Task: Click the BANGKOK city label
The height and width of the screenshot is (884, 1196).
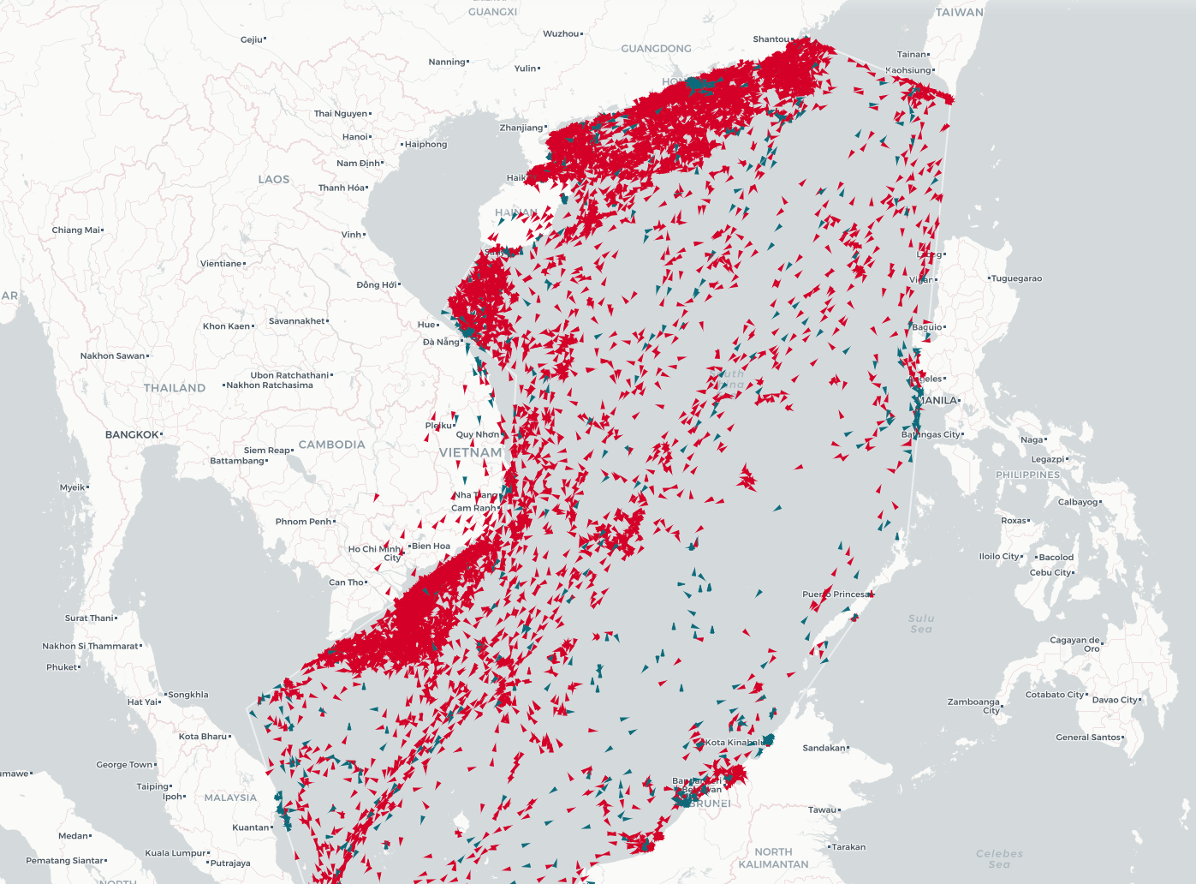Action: coord(132,434)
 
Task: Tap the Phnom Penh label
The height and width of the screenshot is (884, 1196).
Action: coord(303,522)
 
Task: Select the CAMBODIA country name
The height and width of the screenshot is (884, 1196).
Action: coord(331,445)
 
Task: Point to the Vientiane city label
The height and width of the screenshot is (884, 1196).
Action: coord(221,264)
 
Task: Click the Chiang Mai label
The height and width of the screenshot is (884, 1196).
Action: coord(76,230)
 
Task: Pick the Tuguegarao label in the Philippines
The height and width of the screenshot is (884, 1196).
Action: coord(1017,278)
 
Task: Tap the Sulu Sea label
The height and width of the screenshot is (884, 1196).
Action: coord(921,624)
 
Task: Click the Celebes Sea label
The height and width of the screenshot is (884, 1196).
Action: coord(999,858)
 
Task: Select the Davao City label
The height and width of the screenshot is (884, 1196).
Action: coord(1116,700)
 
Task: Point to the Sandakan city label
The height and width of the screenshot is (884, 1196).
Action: coord(824,748)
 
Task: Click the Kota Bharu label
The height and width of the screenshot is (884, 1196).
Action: coord(203,737)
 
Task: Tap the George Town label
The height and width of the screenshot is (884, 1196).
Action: coord(124,765)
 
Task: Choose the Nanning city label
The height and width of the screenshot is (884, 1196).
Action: coord(447,62)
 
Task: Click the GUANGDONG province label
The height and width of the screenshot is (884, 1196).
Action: coord(656,49)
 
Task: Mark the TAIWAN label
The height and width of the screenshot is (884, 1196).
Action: coord(959,12)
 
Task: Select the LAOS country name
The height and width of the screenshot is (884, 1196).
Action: coord(274,179)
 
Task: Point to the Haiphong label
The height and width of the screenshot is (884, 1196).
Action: coord(425,145)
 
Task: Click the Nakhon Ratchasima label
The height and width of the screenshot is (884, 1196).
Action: coord(270,385)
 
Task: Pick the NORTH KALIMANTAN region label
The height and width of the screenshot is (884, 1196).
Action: coord(773,857)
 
